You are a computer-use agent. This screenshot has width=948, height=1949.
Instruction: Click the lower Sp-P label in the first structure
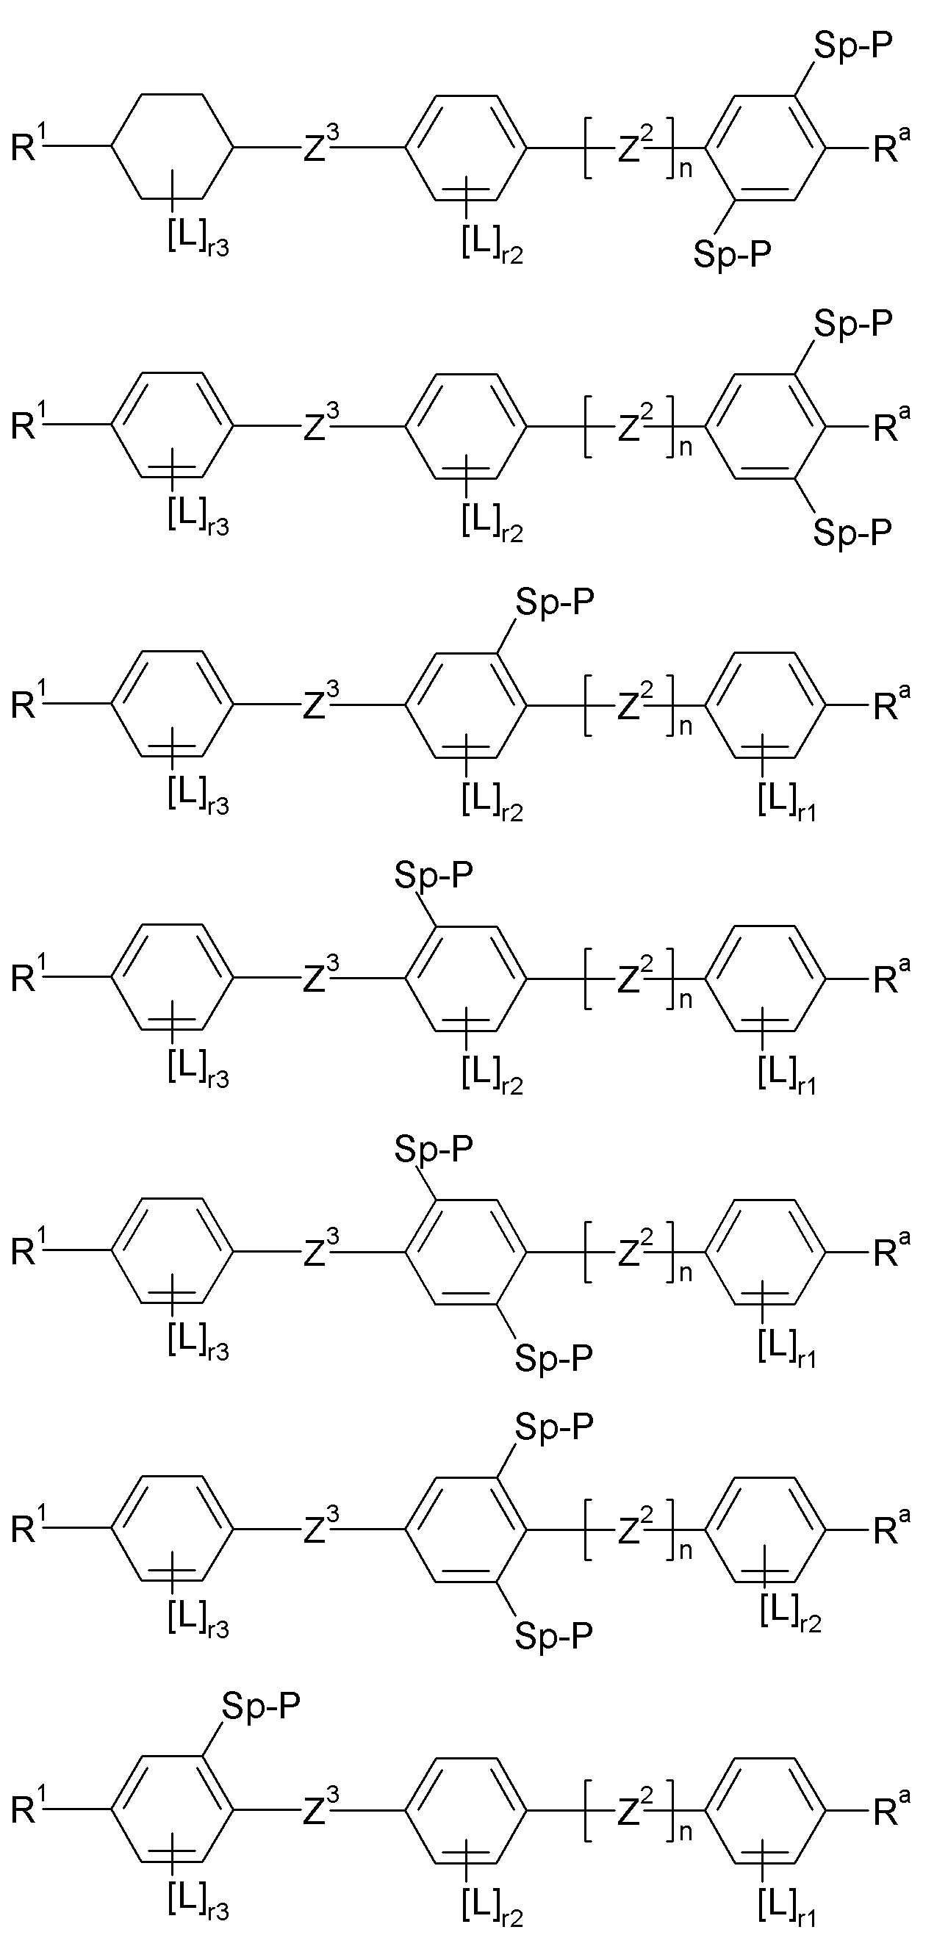pyautogui.click(x=733, y=253)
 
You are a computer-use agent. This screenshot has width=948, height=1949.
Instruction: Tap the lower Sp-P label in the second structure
pyautogui.click(x=852, y=531)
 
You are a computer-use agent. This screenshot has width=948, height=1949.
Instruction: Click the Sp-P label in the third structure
pyautogui.click(x=555, y=602)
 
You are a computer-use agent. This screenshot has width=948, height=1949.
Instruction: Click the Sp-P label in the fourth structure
pyautogui.click(x=434, y=876)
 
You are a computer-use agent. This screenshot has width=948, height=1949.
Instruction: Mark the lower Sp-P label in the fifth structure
pyautogui.click(x=555, y=1358)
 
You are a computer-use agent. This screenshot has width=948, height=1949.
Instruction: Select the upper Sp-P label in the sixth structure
pyautogui.click(x=555, y=1427)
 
